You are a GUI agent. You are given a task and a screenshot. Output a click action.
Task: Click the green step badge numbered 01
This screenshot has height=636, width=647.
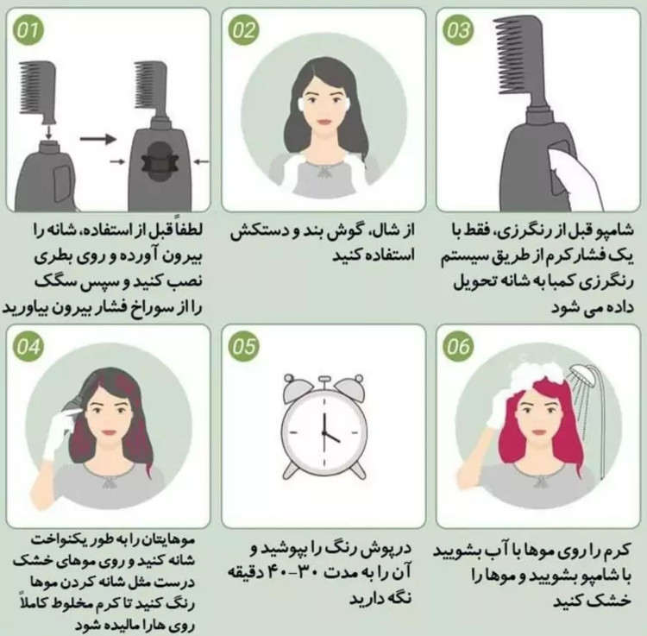pos(28,30)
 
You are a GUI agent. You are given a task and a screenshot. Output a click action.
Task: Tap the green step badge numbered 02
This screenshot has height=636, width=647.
pos(243,30)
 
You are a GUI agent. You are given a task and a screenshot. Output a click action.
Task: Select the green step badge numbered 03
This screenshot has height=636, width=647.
pos(458,30)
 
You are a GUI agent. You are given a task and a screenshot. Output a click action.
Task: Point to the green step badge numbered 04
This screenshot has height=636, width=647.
pos(28,346)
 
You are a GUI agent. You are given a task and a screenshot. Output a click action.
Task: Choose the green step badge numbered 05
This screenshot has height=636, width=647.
pos(243,346)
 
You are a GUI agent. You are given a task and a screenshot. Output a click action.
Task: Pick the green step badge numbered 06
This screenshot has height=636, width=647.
pos(458,346)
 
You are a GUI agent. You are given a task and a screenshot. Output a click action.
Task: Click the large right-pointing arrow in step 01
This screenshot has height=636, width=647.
pos(98,139)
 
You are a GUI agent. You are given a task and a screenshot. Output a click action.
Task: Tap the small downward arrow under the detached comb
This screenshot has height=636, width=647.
pos(48,132)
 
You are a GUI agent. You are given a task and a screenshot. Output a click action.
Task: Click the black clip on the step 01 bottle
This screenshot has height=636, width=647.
pos(160,161)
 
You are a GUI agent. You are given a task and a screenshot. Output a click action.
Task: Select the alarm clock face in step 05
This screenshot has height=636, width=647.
pos(323,432)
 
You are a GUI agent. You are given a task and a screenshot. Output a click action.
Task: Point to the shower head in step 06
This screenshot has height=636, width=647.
pos(582,375)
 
